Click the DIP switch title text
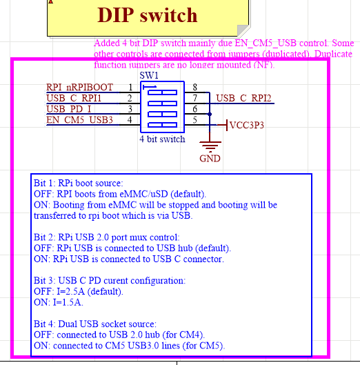[x=148, y=15]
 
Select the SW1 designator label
[x=149, y=75]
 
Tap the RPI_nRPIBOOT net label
[x=79, y=88]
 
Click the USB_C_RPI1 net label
[x=74, y=98]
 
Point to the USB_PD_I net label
[x=69, y=109]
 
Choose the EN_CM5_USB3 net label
[x=79, y=119]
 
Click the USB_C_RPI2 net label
[x=243, y=98]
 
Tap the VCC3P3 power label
[x=247, y=126]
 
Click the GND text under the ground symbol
[x=210, y=159]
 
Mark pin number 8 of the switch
[x=194, y=88]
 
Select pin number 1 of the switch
[x=130, y=88]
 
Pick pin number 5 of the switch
[x=194, y=119]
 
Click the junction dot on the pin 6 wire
[x=210, y=114]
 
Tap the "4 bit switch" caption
[x=163, y=139]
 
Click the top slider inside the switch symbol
[x=163, y=92]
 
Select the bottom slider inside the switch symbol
[x=163, y=125]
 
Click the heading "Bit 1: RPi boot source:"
[x=79, y=184]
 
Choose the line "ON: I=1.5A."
[x=59, y=302]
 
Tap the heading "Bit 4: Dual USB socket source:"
[x=95, y=324]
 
